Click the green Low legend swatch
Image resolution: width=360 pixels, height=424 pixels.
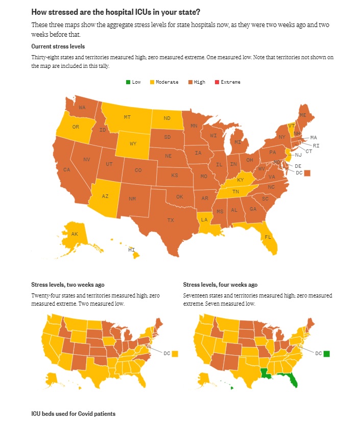[x=128, y=82]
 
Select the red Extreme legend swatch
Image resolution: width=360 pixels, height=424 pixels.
[x=217, y=82]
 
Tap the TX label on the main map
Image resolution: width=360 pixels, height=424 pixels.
[x=171, y=220]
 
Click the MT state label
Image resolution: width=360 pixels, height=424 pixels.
[x=127, y=117]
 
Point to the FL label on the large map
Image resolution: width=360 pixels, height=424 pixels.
[x=268, y=237]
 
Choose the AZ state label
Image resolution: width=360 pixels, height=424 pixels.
[x=105, y=196]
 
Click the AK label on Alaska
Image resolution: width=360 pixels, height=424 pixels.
[x=75, y=234]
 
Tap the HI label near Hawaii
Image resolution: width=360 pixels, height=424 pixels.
[x=131, y=250]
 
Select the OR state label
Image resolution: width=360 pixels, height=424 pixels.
[x=76, y=127]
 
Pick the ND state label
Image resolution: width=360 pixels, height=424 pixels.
[x=167, y=118]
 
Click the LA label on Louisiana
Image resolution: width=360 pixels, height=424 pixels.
[x=204, y=219]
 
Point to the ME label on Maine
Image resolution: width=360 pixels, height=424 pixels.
[x=303, y=115]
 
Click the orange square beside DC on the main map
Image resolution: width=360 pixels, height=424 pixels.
[x=307, y=173]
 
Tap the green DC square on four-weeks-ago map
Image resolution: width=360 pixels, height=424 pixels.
[x=327, y=353]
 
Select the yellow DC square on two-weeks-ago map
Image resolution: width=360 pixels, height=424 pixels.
[x=175, y=353]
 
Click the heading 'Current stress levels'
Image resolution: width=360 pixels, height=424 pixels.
[x=58, y=46]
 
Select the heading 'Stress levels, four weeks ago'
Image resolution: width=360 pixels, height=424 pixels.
[x=220, y=285]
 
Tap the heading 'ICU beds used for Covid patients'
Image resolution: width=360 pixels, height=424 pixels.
[x=74, y=413]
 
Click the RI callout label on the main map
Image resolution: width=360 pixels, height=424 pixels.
[x=316, y=145]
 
